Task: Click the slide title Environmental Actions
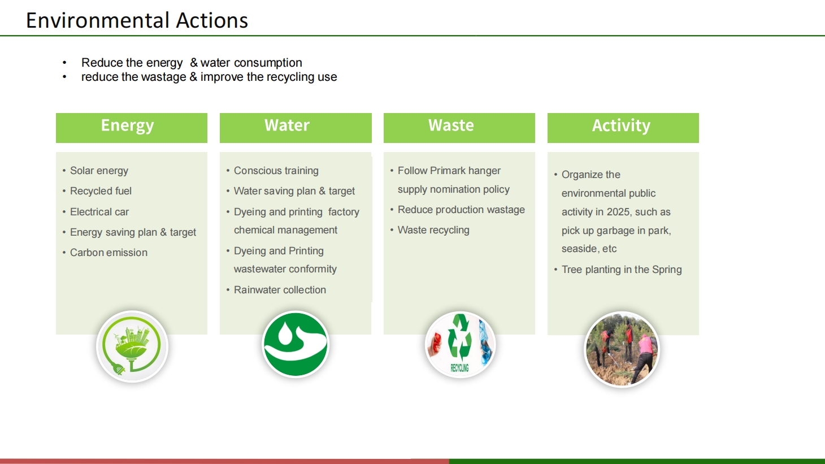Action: [137, 20]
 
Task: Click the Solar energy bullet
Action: [99, 171]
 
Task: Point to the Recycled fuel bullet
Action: [101, 191]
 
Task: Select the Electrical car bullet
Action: [99, 212]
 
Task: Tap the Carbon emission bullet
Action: [108, 253]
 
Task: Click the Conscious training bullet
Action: [276, 171]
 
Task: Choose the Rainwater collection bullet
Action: [280, 290]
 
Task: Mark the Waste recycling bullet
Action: [433, 230]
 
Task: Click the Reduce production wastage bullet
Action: [461, 210]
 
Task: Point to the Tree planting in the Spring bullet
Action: [622, 270]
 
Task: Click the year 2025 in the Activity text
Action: [618, 212]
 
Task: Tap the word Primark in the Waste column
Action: [448, 171]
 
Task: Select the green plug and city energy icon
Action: [132, 346]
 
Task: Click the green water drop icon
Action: [296, 344]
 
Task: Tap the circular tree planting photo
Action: [622, 349]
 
